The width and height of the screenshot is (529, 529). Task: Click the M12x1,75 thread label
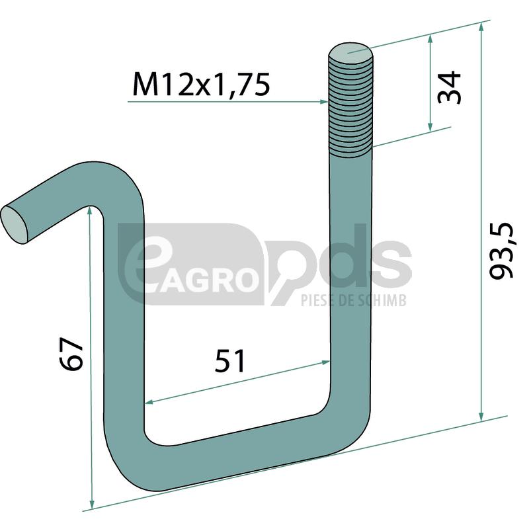[x=202, y=84]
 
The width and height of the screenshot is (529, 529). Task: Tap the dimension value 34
[x=449, y=87]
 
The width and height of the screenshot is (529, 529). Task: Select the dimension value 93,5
[x=501, y=251]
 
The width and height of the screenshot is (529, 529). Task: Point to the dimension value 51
[x=229, y=360]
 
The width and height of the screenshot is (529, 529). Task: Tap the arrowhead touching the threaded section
[x=323, y=102]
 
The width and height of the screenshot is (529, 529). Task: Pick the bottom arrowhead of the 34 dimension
[x=430, y=127]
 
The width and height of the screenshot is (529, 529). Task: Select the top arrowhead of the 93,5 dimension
[x=481, y=28]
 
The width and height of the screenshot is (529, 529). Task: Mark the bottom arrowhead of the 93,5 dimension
[x=481, y=417]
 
